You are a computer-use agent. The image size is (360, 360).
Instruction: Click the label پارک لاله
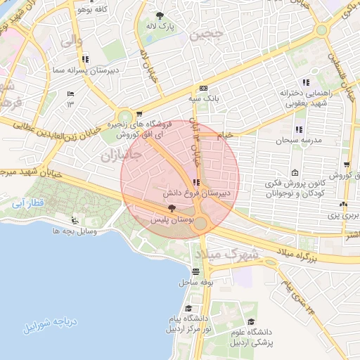(x=161, y=26)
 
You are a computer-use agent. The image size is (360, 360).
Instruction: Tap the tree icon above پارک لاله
(x=161, y=15)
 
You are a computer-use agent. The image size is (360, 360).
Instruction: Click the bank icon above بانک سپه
(x=202, y=89)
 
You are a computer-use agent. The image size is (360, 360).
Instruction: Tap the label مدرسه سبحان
(x=302, y=140)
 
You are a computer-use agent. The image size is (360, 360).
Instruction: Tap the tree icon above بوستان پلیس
(x=172, y=207)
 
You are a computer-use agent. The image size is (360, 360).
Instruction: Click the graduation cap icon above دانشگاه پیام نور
(x=188, y=309)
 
